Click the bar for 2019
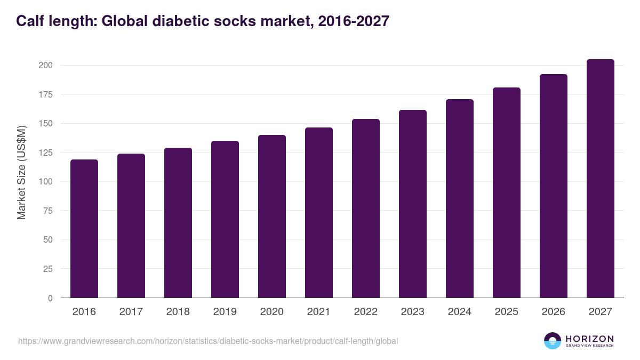(x=225, y=219)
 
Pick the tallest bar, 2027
(x=601, y=178)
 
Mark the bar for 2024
(x=460, y=198)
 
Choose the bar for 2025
(x=507, y=193)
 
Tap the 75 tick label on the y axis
(x=47, y=211)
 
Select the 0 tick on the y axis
(x=50, y=298)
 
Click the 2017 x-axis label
(x=131, y=311)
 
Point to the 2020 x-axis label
(x=272, y=311)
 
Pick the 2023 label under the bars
(x=413, y=311)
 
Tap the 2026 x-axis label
(x=554, y=311)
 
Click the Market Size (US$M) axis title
(x=21, y=172)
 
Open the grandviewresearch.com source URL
(x=208, y=341)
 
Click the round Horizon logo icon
(x=553, y=341)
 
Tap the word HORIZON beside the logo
(x=589, y=338)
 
